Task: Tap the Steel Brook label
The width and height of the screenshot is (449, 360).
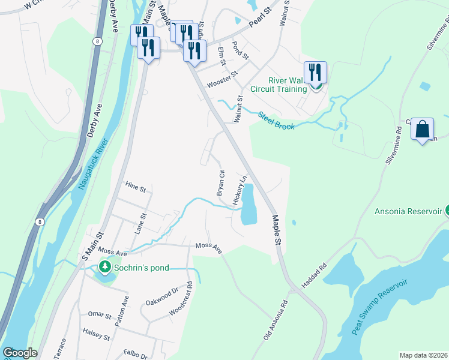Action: tap(276, 121)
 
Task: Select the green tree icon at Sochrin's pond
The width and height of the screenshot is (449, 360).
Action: tap(105, 266)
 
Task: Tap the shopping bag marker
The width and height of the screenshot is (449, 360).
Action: tap(422, 128)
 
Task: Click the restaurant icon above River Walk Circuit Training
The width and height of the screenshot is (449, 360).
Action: tap(315, 73)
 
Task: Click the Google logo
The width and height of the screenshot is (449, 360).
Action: tap(20, 352)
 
